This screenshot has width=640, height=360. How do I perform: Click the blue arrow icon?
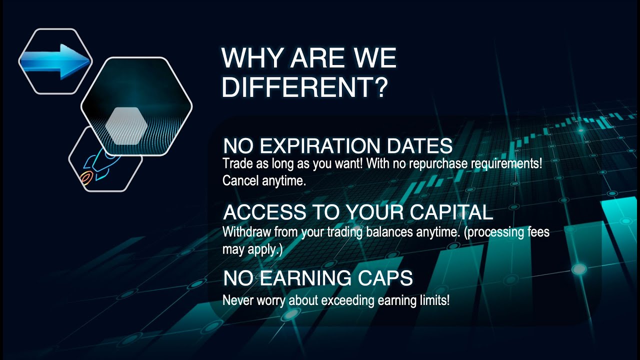55,61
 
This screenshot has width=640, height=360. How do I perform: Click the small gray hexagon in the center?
126,125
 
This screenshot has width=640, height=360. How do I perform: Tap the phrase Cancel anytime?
263,181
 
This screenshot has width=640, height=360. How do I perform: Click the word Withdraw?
242,232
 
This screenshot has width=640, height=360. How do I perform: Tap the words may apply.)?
252,249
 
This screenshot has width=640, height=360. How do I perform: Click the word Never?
235,300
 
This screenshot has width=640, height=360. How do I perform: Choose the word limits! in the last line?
432,300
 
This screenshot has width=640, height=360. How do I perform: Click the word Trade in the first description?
235,163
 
